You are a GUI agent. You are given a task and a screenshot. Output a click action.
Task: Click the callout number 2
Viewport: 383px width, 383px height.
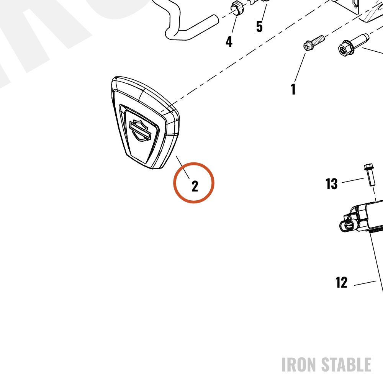[x=195, y=186]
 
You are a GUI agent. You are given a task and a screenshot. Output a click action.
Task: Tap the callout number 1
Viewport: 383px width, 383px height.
[x=293, y=89]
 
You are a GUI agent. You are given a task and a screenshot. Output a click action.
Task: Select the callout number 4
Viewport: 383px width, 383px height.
[x=229, y=41]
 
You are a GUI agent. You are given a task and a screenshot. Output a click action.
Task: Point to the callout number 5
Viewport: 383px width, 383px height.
[x=259, y=26]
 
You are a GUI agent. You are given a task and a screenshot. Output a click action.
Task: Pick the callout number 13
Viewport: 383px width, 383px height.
[x=331, y=184]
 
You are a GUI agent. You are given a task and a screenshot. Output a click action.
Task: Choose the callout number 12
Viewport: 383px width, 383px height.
[x=341, y=282]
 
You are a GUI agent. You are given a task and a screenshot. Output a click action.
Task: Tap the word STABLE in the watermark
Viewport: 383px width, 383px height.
[x=346, y=365]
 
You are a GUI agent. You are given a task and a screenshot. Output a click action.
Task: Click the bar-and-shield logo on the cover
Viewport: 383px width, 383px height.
[x=140, y=131]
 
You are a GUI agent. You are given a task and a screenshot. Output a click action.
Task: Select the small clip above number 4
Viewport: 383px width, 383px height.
[x=236, y=7]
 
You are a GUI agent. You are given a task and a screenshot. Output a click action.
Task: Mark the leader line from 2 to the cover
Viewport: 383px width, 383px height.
[x=183, y=168]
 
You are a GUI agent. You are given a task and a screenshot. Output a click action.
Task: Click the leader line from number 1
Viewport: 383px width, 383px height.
[x=300, y=67]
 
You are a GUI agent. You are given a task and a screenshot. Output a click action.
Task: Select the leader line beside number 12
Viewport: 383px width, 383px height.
[x=365, y=283]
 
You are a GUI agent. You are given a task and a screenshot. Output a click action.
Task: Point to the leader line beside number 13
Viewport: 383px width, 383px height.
[x=353, y=180]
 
